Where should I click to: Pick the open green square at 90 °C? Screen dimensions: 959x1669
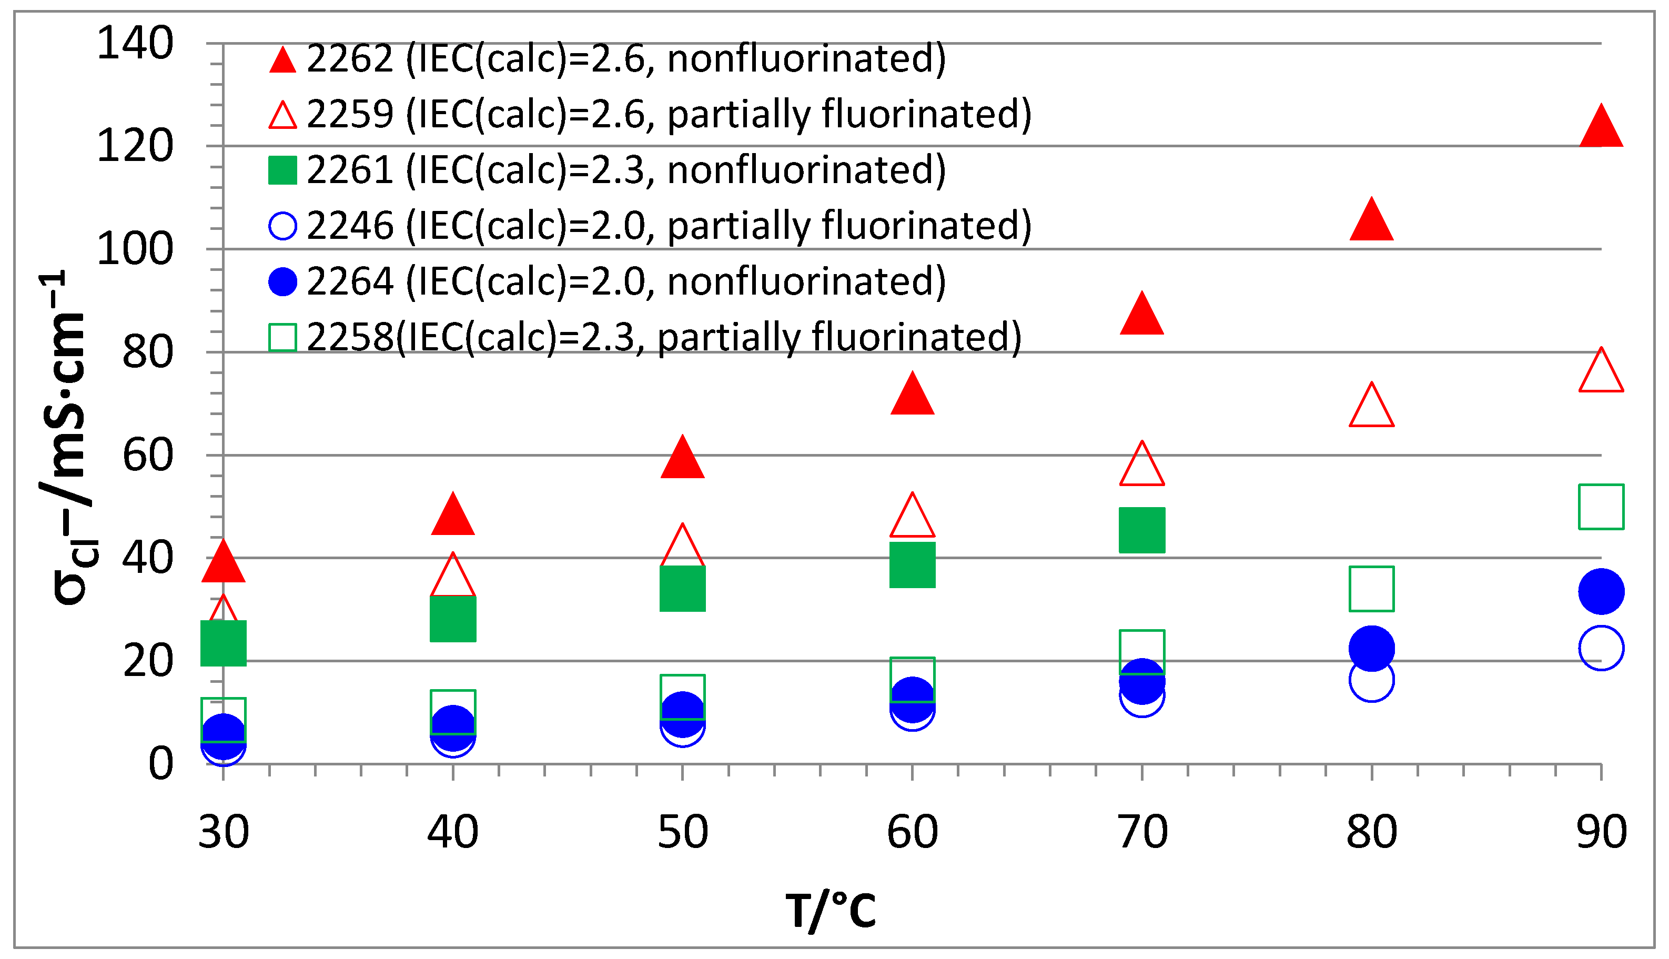click(x=1601, y=507)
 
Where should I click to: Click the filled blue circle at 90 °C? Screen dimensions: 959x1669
click(x=1601, y=591)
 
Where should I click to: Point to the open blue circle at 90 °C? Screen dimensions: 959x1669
click(x=1601, y=648)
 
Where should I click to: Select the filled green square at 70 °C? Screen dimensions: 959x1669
click(x=1141, y=530)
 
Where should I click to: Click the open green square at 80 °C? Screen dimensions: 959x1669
click(x=1371, y=589)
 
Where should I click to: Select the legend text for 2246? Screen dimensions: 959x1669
click(x=668, y=226)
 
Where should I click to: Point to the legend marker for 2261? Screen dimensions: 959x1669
click(x=282, y=170)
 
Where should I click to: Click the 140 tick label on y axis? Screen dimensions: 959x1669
click(x=135, y=44)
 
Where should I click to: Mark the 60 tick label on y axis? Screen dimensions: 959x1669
click(x=147, y=456)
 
